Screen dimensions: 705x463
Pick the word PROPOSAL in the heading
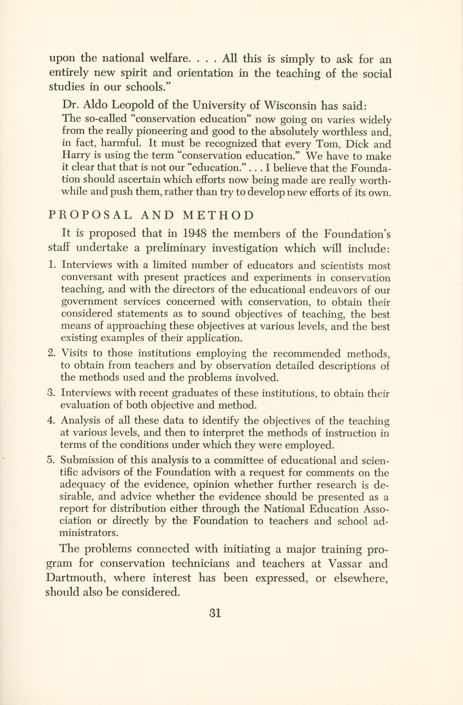90,215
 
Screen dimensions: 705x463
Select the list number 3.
50,393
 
